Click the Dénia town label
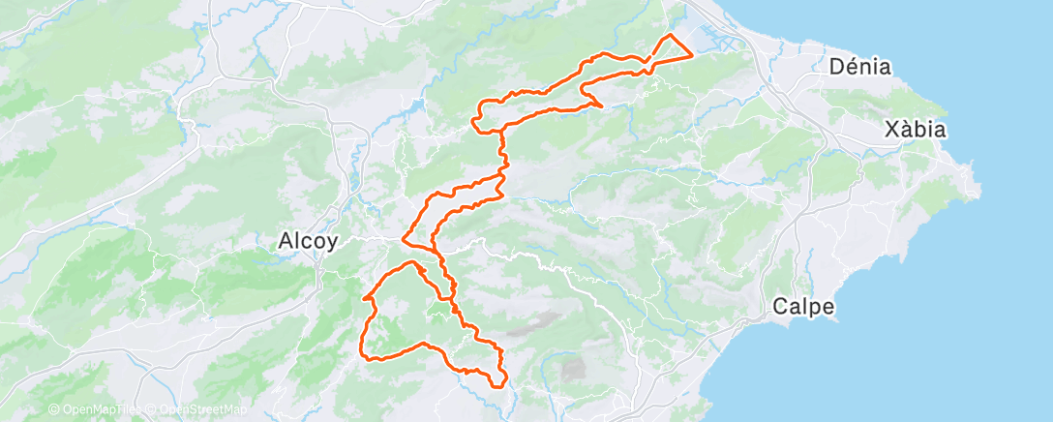pyautogui.click(x=860, y=67)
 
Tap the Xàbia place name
pyautogui.click(x=915, y=130)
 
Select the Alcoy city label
pyautogui.click(x=307, y=241)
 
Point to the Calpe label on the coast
pyautogui.click(x=803, y=307)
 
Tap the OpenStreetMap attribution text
pyautogui.click(x=197, y=410)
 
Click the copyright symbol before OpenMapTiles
pyautogui.click(x=53, y=410)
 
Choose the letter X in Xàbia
pyautogui.click(x=890, y=130)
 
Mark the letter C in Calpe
pyautogui.click(x=780, y=307)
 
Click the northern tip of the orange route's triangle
pyautogui.click(x=670, y=35)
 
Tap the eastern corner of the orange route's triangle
pyautogui.click(x=691, y=55)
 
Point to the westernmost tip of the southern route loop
pyautogui.click(x=364, y=299)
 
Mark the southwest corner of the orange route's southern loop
pyautogui.click(x=366, y=357)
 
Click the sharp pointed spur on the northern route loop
pyautogui.click(x=601, y=105)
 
